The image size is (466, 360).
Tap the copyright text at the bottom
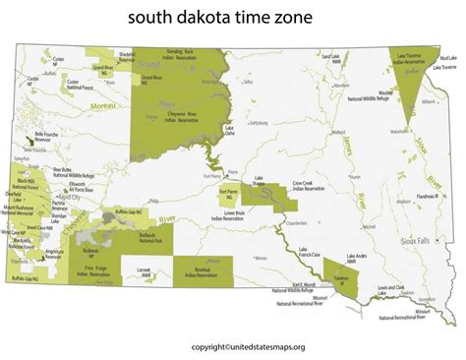[233, 346]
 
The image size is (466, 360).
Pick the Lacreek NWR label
[144, 270]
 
